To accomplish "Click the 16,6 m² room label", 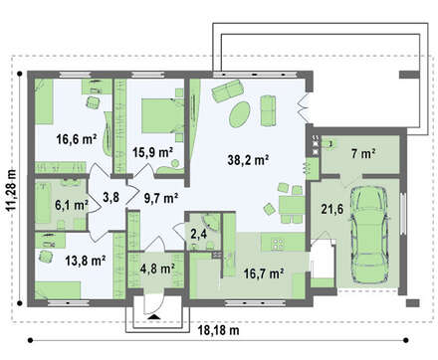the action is [77, 139].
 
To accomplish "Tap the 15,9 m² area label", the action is [152, 152].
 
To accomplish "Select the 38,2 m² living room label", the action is [248, 160].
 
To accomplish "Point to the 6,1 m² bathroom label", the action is [72, 205].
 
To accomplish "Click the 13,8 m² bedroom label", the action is [86, 261].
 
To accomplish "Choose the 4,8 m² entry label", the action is [157, 269].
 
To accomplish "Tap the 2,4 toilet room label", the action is [199, 234].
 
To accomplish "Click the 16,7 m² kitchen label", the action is [264, 273].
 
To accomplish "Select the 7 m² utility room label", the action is [363, 154].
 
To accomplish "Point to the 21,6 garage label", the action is [332, 209].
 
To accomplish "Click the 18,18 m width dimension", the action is [218, 330].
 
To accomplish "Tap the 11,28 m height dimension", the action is [11, 190].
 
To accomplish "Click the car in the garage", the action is [368, 235].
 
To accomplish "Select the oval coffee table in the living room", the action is [240, 114].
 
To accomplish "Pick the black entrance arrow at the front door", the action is [153, 317].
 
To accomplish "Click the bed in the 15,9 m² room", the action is [162, 115].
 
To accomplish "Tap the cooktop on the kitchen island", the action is [278, 244].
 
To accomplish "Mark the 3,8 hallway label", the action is [110, 197].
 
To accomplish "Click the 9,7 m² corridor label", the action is [161, 198].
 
